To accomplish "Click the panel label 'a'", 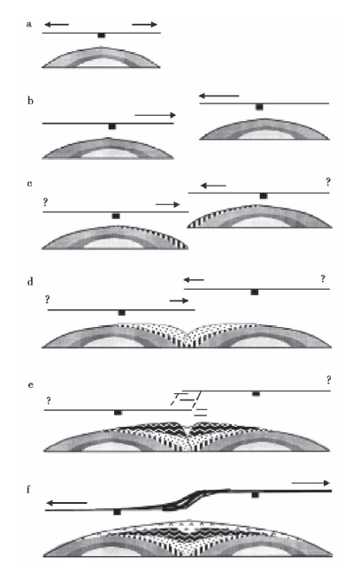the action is pyautogui.click(x=29, y=25).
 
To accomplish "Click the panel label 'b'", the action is pyautogui.click(x=30, y=101).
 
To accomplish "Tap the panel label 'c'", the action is pyautogui.click(x=29, y=183).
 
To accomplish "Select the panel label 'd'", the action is pyautogui.click(x=30, y=281).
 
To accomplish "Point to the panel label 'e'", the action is pyautogui.click(x=31, y=384).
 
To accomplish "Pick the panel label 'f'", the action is pyautogui.click(x=29, y=489).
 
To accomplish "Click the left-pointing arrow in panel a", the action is pyautogui.click(x=57, y=25).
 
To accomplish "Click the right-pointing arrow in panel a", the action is pyautogui.click(x=144, y=25).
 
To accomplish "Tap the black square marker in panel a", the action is pyautogui.click(x=102, y=35).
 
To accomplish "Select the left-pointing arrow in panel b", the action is pyautogui.click(x=218, y=96).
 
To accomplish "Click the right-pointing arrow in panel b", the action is pyautogui.click(x=155, y=115).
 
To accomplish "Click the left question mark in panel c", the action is pyautogui.click(x=45, y=202).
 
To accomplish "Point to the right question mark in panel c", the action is pyautogui.click(x=328, y=182).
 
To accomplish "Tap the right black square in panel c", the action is pyautogui.click(x=263, y=196).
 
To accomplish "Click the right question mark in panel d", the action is pyautogui.click(x=323, y=279).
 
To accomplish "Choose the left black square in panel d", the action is pyautogui.click(x=122, y=313).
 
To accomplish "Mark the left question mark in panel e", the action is pyautogui.click(x=49, y=401).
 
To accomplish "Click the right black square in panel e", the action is pyautogui.click(x=257, y=393).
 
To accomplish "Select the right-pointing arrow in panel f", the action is pyautogui.click(x=310, y=483).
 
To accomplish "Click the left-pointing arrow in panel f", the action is pyautogui.click(x=66, y=503).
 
